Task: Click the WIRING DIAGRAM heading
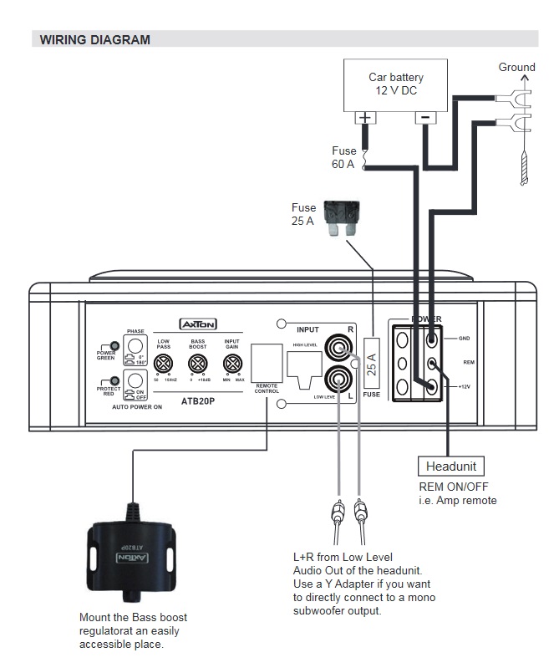(95, 39)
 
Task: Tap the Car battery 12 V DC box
(395, 84)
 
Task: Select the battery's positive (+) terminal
(364, 119)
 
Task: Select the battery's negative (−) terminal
(426, 119)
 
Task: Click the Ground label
(516, 67)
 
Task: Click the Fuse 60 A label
(343, 157)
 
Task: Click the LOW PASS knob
(165, 364)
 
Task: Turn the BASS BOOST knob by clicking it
(197, 364)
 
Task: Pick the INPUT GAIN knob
(231, 364)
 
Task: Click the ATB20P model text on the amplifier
(199, 400)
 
